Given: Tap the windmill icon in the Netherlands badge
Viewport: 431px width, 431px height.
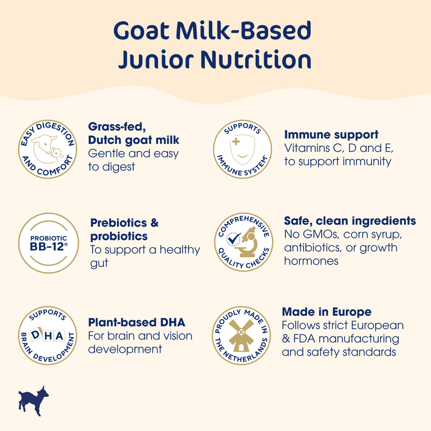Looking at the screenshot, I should click(241, 335).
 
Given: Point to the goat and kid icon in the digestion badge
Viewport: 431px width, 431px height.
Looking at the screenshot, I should click(46, 148).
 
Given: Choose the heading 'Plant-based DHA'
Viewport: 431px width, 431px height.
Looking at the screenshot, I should click(137, 323).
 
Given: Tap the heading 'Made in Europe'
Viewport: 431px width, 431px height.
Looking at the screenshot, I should click(326, 312).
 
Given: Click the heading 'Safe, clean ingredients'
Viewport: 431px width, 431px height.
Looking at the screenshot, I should click(350, 221).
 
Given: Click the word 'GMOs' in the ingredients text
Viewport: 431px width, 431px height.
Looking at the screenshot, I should click(317, 234).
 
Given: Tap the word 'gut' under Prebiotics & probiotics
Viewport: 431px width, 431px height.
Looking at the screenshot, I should click(99, 263).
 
